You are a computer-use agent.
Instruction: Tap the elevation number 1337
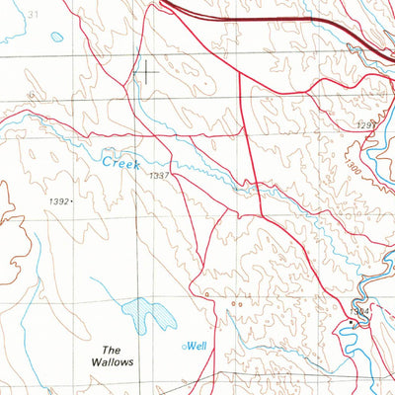pyautogui.click(x=160, y=175)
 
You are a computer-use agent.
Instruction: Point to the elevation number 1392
pyautogui.click(x=58, y=200)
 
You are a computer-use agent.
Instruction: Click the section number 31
pyautogui.click(x=35, y=15)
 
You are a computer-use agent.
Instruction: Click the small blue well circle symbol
pyautogui.click(x=184, y=347)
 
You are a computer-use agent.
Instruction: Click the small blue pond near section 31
pyautogui.click(x=56, y=37)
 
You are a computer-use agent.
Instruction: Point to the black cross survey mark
pyautogui.click(x=145, y=70)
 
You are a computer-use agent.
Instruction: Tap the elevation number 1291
pyautogui.click(x=366, y=125)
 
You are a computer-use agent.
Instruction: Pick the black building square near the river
pyautogui.click(x=353, y=322)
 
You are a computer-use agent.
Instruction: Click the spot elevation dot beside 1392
pyautogui.click(x=73, y=201)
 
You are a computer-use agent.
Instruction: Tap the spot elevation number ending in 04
pyautogui.click(x=362, y=310)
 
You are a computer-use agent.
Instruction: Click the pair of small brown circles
pyautogui.click(x=238, y=306)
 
